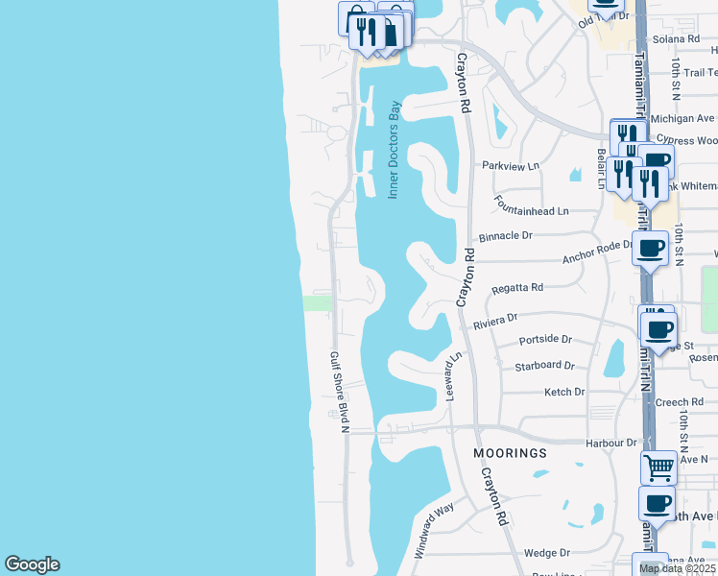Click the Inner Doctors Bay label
tap(394, 150)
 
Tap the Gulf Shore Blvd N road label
tap(338, 392)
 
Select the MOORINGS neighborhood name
tap(510, 452)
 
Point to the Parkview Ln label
tap(511, 165)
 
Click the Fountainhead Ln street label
tap(532, 204)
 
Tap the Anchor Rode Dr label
tap(597, 252)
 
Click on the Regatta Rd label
tap(517, 287)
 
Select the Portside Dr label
tap(545, 340)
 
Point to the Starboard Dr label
tap(544, 366)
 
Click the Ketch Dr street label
tap(564, 392)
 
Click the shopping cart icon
tap(658, 468)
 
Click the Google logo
tap(32, 564)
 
